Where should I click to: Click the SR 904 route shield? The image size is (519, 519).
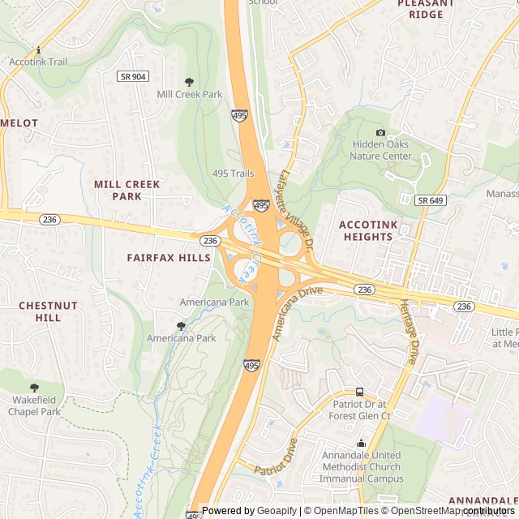(x=132, y=76)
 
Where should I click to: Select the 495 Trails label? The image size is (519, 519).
(x=233, y=174)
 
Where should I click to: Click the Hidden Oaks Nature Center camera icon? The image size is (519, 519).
(x=381, y=132)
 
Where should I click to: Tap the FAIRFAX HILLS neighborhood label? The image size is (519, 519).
(x=169, y=258)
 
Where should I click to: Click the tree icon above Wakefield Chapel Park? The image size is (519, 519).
(x=34, y=388)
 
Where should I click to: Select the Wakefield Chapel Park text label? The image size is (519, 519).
(x=35, y=405)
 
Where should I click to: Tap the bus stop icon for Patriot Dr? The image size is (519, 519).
(x=359, y=392)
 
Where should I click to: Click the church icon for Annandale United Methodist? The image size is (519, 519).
(x=362, y=443)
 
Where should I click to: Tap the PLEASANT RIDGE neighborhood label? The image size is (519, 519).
(x=420, y=9)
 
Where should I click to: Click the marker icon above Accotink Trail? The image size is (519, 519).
(x=39, y=49)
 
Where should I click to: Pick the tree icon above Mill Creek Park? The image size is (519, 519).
(x=189, y=82)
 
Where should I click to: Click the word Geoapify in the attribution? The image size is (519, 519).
(x=277, y=511)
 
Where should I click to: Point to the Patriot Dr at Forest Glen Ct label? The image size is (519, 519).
(x=359, y=410)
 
